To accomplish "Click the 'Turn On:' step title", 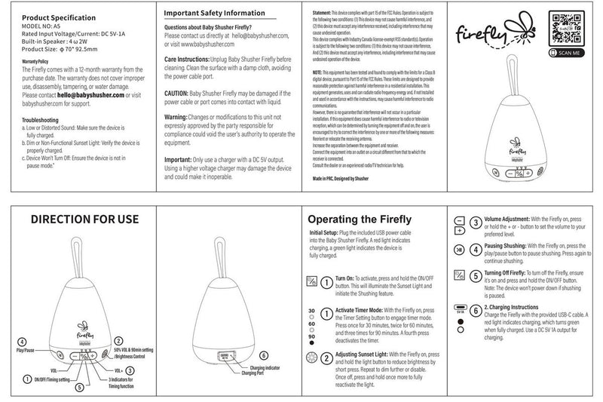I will click(346, 277).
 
